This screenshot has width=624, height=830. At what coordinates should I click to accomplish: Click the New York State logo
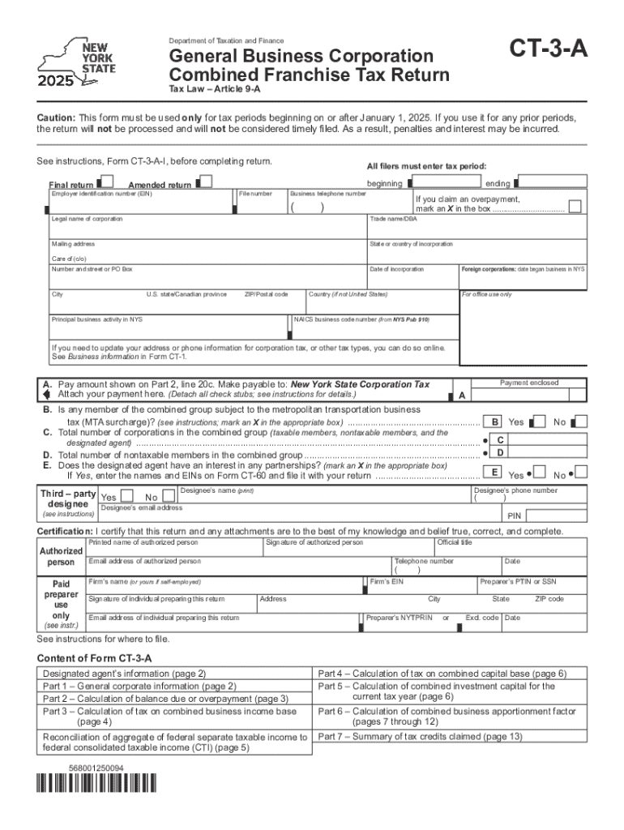click(79, 62)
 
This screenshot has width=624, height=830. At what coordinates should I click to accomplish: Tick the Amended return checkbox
click(205, 182)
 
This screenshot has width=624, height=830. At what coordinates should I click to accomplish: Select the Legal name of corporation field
click(206, 230)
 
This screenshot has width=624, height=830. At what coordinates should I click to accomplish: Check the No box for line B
click(580, 422)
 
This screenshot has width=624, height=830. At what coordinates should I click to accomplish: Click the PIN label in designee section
click(514, 516)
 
